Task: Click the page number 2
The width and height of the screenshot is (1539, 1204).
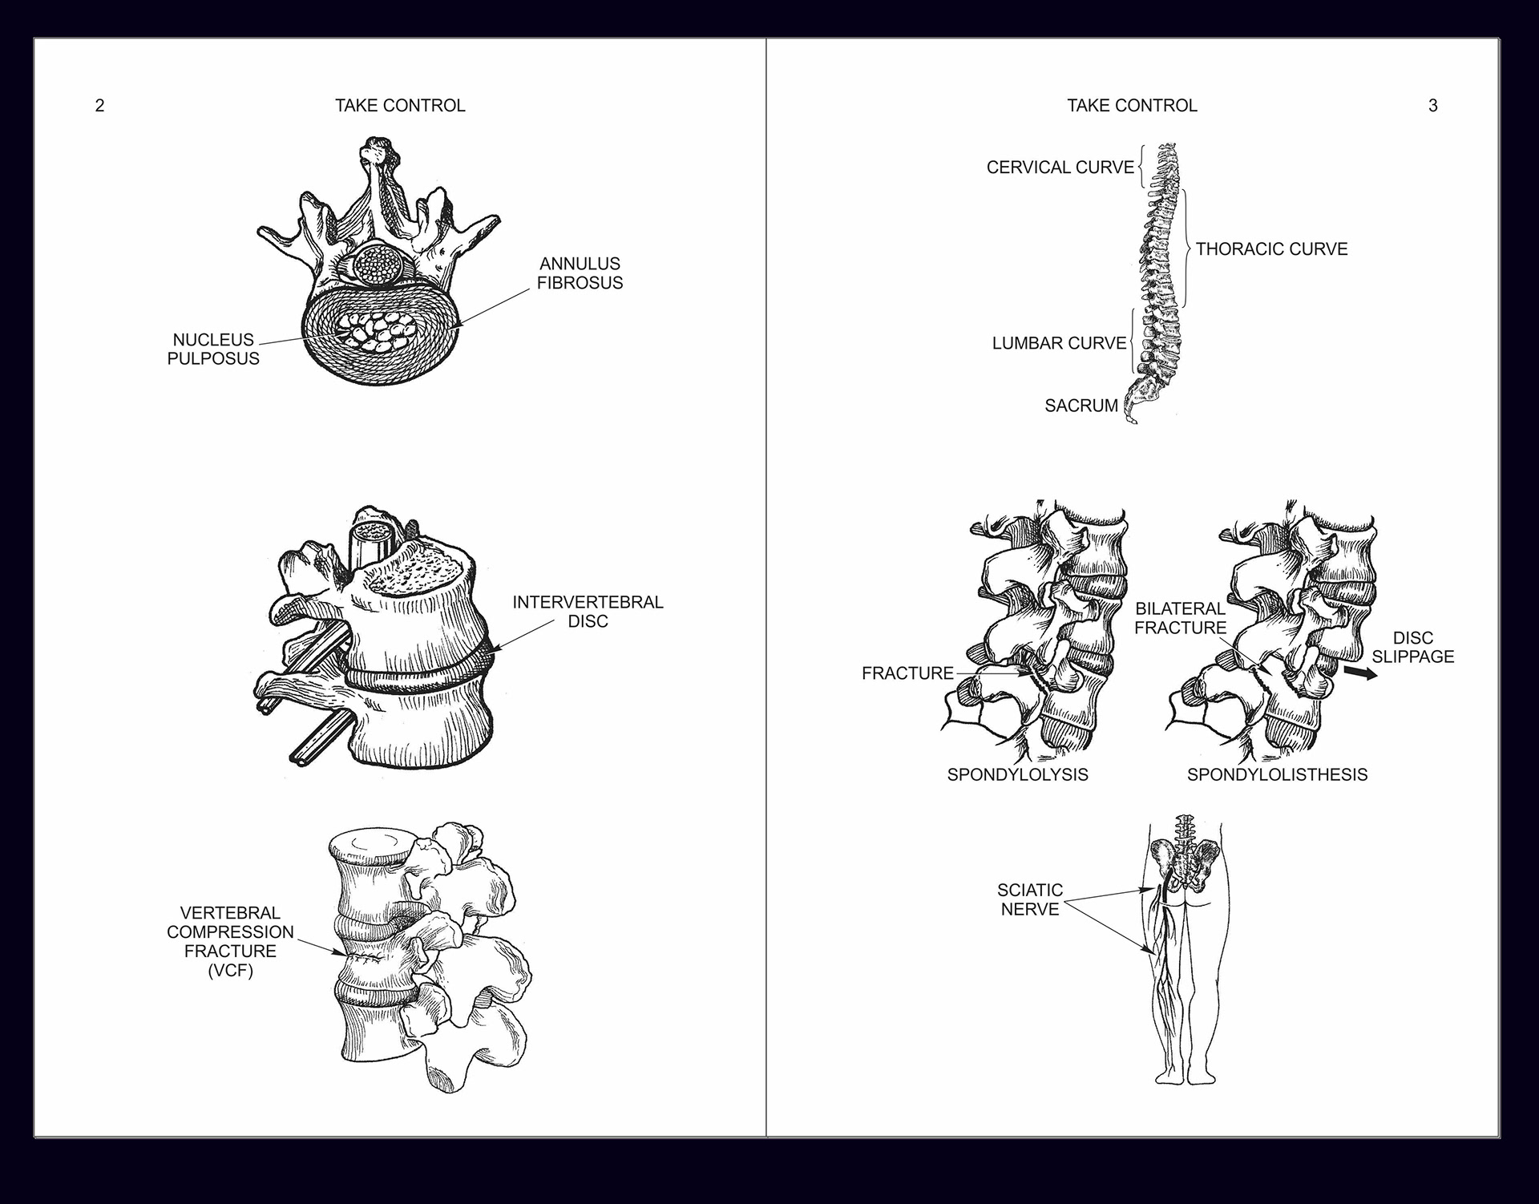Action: tap(99, 106)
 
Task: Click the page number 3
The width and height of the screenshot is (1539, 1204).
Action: tap(1433, 106)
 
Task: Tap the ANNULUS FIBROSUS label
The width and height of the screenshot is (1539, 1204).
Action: tap(580, 273)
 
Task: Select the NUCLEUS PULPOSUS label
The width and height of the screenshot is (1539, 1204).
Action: tap(213, 349)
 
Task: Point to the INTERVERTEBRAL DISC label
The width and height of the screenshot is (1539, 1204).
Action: tap(588, 612)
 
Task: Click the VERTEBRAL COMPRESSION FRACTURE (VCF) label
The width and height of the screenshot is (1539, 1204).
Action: tap(230, 942)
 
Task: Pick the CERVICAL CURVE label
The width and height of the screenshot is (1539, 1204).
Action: tap(1060, 168)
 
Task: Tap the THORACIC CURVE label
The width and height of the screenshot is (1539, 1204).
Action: tap(1271, 249)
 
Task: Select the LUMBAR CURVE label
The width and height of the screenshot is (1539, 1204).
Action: tap(1059, 343)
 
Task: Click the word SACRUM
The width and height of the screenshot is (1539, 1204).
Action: tap(1081, 406)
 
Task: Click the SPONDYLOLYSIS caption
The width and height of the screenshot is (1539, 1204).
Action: tap(1017, 774)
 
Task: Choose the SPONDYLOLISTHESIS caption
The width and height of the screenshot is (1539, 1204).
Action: tap(1277, 774)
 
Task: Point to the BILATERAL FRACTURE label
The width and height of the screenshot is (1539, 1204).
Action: tap(1180, 618)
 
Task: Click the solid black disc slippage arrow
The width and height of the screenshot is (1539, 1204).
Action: tap(1360, 673)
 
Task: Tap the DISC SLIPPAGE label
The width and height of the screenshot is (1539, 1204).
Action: tap(1412, 647)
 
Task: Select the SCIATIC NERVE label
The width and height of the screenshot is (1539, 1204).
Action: tap(1029, 899)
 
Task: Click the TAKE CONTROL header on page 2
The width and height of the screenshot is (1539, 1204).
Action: tap(400, 106)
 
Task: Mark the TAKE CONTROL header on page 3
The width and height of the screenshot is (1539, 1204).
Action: tap(1132, 106)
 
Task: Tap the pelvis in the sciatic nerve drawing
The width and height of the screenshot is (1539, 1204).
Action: tap(1185, 866)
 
